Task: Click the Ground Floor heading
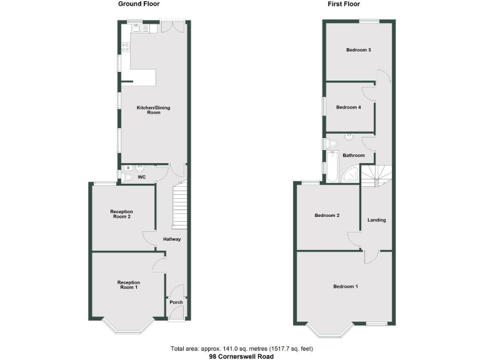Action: (x=139, y=4)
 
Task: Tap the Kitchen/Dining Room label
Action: (x=153, y=110)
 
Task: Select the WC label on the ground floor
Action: (x=142, y=177)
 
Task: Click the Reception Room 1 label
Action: (x=128, y=285)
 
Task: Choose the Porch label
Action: (x=176, y=302)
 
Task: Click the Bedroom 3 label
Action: (x=359, y=50)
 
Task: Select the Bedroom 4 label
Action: (x=348, y=107)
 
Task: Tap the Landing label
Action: (x=376, y=219)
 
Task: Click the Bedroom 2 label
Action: (x=327, y=215)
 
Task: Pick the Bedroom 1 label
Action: (x=346, y=286)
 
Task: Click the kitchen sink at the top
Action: (x=136, y=28)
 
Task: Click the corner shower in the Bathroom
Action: (x=352, y=174)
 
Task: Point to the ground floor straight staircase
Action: (x=180, y=205)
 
